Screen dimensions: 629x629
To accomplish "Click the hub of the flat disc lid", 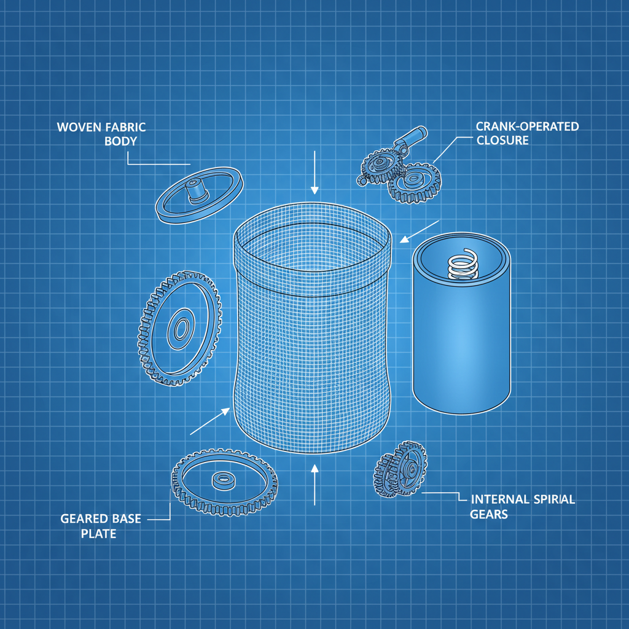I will tap(195, 190).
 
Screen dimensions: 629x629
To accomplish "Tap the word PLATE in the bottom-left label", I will tap(99, 533).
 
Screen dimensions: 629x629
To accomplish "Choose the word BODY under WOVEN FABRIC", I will tap(125, 141).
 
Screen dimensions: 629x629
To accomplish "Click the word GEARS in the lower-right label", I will tap(489, 514).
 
